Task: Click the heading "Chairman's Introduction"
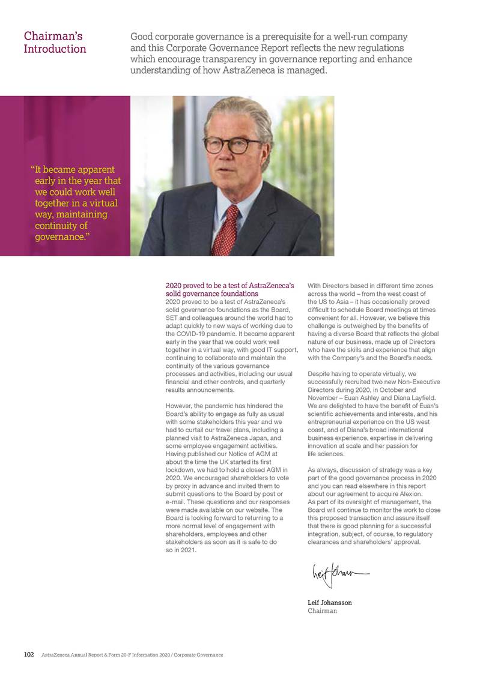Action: [55, 43]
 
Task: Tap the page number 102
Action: [28, 655]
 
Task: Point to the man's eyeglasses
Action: [232, 145]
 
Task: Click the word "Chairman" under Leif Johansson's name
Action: [322, 611]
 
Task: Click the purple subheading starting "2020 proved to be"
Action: [229, 290]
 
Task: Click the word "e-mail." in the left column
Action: [178, 502]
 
